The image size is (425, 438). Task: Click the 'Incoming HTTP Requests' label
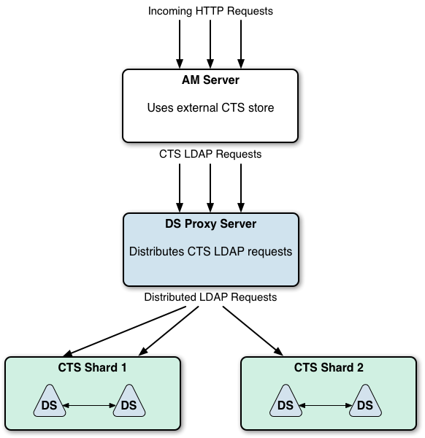(x=210, y=11)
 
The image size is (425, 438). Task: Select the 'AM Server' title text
(x=210, y=80)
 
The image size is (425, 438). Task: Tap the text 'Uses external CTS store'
(x=210, y=107)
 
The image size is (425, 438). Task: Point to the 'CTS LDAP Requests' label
(x=210, y=154)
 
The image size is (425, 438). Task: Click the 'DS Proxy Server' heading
(x=211, y=224)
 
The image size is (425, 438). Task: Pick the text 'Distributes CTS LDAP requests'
(x=211, y=251)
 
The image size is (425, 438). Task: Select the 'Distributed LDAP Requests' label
(x=210, y=297)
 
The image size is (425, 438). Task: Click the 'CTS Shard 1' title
(x=92, y=367)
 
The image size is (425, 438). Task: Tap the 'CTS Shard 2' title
(x=329, y=367)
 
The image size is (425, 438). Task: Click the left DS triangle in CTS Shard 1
(x=50, y=403)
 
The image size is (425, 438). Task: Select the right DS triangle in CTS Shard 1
(x=129, y=403)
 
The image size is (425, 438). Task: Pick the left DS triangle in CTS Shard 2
(x=286, y=403)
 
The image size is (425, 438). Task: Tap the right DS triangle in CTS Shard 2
(x=365, y=403)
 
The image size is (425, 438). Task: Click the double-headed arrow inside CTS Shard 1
(x=89, y=405)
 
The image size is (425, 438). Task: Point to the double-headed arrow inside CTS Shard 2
(x=325, y=405)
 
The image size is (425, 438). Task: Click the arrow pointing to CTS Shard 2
(x=253, y=331)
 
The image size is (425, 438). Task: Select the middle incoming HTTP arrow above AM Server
(x=210, y=44)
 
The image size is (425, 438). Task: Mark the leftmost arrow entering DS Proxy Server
(x=180, y=188)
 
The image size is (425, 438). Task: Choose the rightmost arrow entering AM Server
(x=241, y=44)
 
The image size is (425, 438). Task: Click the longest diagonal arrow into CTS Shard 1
(x=124, y=331)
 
